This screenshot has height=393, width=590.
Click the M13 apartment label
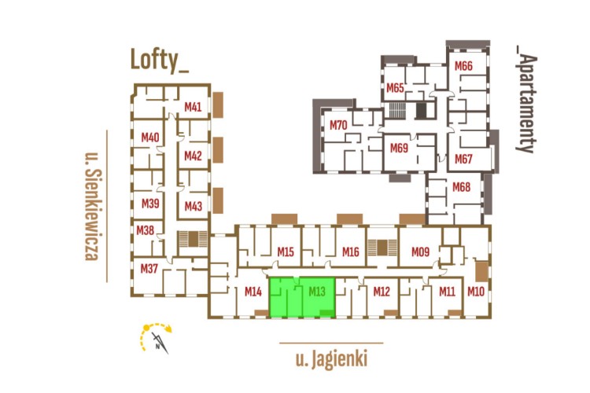click(318, 292)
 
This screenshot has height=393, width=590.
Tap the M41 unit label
click(193, 107)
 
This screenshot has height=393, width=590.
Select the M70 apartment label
click(338, 125)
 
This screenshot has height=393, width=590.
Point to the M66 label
click(463, 66)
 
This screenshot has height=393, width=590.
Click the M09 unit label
click(420, 252)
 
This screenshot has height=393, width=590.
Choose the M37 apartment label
click(149, 269)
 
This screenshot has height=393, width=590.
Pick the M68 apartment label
click(461, 187)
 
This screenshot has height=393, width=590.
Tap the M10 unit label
click(475, 292)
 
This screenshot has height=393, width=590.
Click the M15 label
click(286, 252)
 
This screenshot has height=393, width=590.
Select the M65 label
click(394, 87)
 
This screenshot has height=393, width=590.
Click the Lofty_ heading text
click(160, 61)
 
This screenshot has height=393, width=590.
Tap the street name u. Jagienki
click(331, 360)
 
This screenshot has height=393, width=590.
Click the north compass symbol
click(157, 336)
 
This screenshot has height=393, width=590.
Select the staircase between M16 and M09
click(382, 247)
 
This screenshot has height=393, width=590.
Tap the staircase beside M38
click(189, 240)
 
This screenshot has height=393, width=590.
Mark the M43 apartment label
click(194, 206)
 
